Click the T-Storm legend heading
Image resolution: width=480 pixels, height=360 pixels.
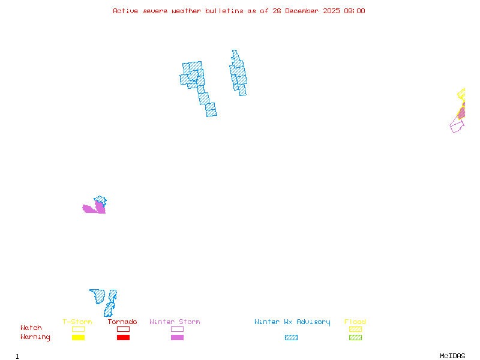click(x=77, y=322)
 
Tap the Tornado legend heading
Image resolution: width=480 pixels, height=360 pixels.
click(x=122, y=322)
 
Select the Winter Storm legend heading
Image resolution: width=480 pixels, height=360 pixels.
click(x=175, y=322)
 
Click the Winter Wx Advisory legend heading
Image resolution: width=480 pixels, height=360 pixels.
click(x=292, y=322)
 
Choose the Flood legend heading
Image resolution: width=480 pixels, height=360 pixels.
click(x=355, y=322)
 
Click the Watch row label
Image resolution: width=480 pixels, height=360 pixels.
click(x=31, y=328)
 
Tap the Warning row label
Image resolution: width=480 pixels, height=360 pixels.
click(x=35, y=337)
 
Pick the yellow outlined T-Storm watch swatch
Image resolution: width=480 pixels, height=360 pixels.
click(x=78, y=329)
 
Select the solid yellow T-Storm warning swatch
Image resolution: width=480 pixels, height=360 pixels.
click(x=78, y=338)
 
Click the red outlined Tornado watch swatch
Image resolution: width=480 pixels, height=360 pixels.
click(x=123, y=329)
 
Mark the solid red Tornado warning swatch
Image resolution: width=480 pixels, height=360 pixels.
click(x=123, y=338)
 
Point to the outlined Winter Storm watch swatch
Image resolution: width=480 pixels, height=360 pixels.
click(x=177, y=329)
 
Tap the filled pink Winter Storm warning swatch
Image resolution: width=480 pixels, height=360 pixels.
click(x=177, y=338)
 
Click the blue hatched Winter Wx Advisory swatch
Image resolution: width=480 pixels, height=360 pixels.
click(x=291, y=338)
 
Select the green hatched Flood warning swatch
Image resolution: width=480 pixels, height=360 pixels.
click(x=355, y=338)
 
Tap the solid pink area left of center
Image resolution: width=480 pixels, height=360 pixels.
click(x=92, y=209)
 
